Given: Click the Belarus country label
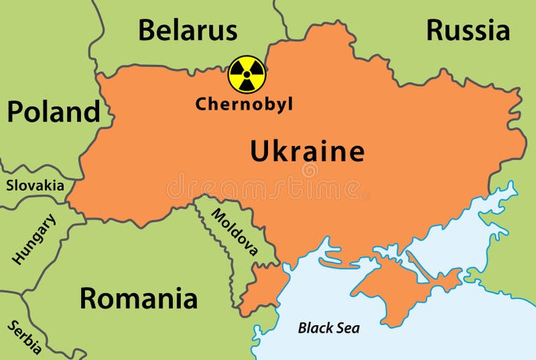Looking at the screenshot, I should (187, 31).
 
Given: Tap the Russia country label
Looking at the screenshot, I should (468, 31).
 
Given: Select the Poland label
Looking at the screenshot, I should (53, 112).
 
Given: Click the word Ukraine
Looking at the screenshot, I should (307, 151).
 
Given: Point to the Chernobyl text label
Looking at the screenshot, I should (244, 105).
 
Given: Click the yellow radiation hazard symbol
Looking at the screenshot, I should (247, 74).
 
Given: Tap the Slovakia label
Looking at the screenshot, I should (35, 186).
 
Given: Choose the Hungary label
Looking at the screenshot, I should (33, 239).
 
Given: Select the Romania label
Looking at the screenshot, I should (138, 298).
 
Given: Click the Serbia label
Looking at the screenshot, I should (25, 338).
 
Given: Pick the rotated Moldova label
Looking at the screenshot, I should (234, 232).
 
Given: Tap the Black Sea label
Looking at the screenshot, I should (329, 327).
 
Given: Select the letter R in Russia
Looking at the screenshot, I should (435, 31).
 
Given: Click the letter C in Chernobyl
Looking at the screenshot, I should (201, 105).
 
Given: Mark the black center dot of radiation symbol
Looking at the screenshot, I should (247, 74).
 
